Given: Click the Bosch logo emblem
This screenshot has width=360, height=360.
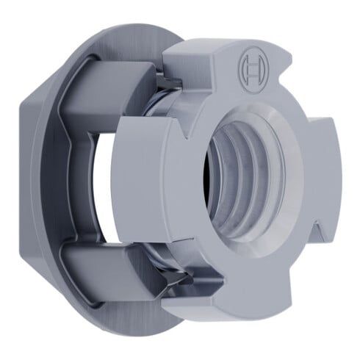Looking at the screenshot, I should tap(251, 69).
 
